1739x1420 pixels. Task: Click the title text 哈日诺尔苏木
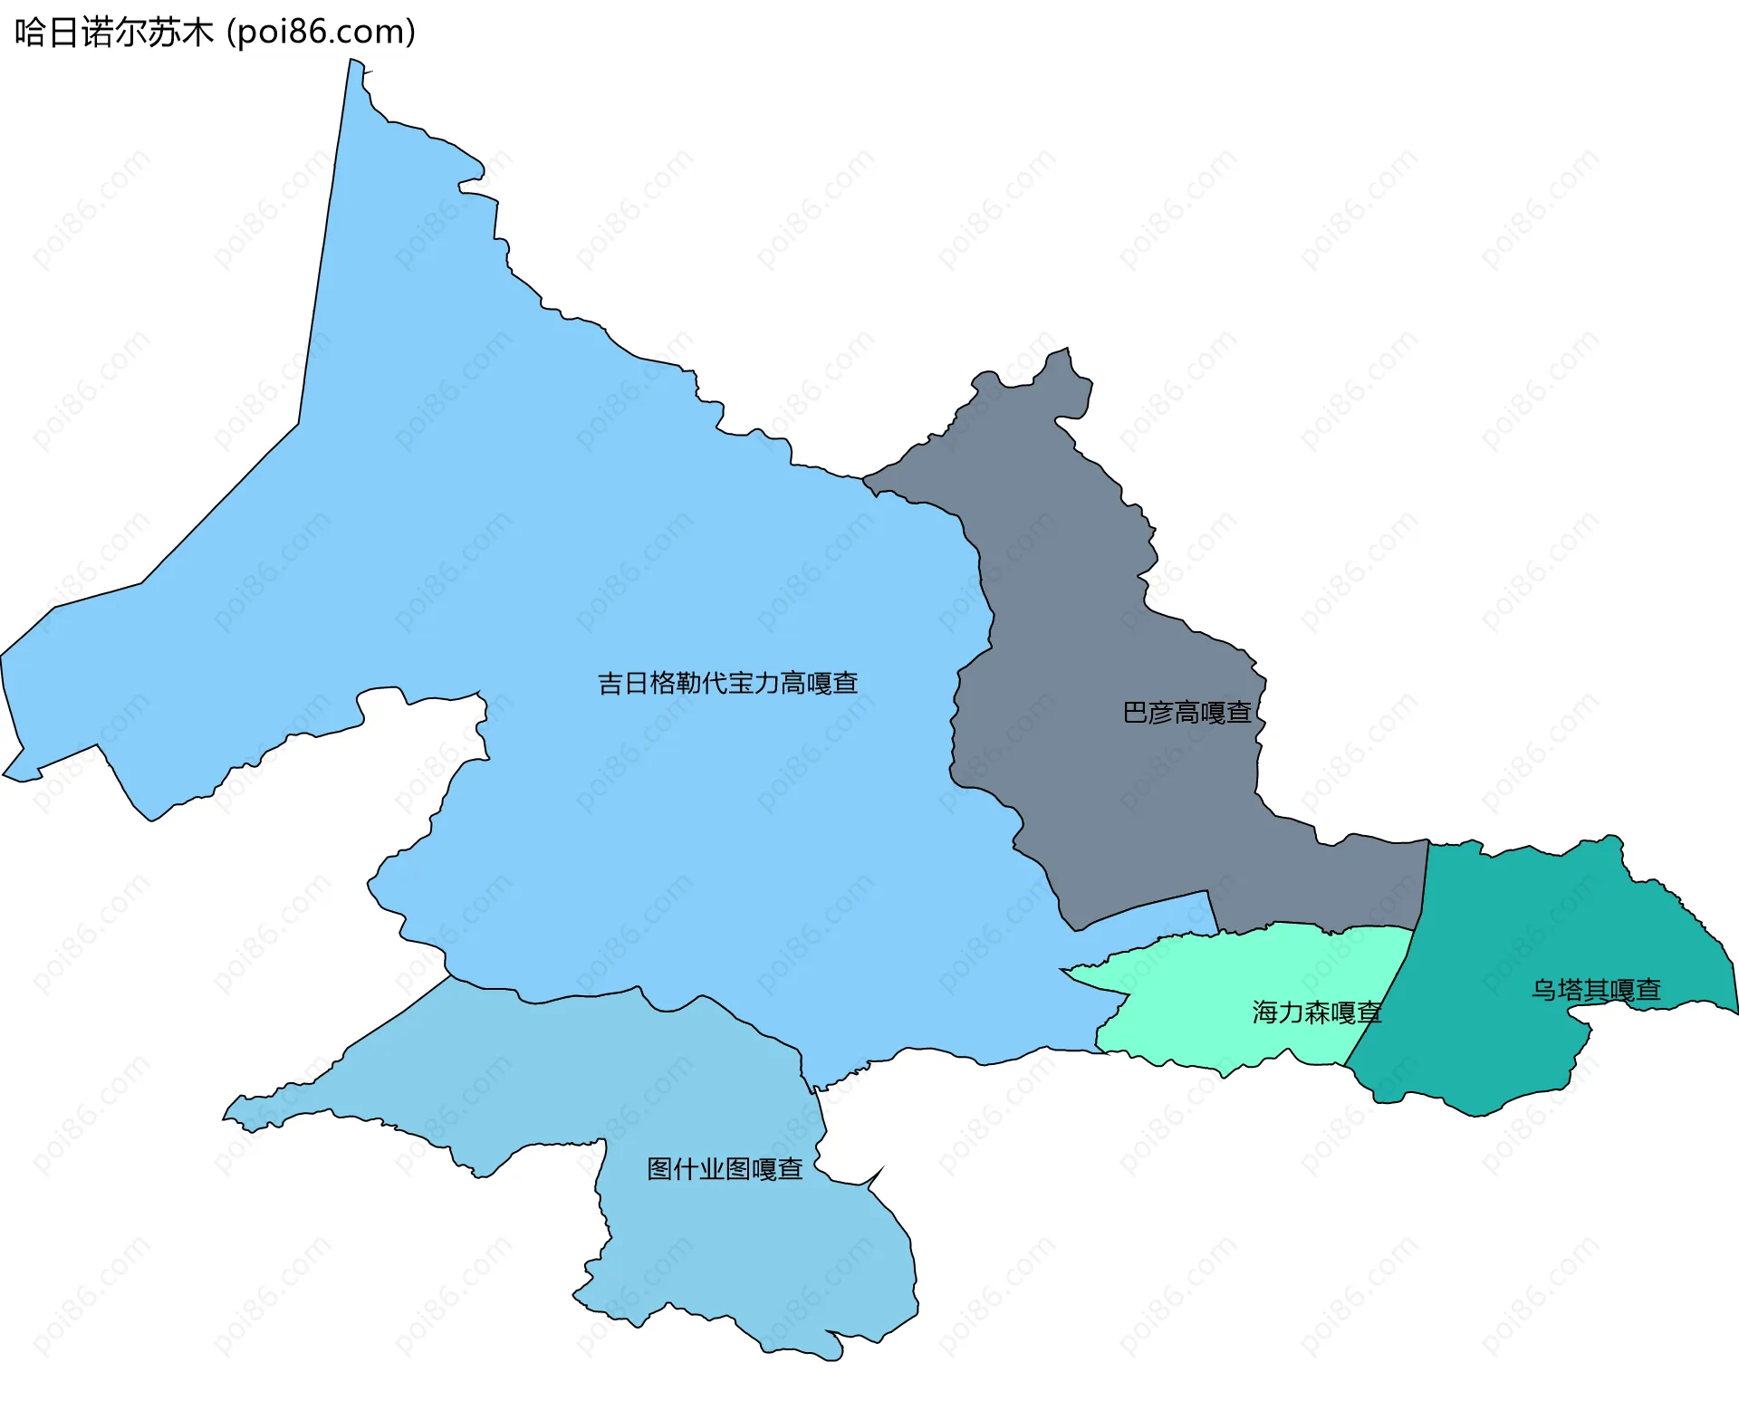(x=113, y=33)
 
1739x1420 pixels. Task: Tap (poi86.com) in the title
(x=321, y=33)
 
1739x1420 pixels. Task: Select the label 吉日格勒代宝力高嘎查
(x=727, y=683)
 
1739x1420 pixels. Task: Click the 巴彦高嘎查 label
(x=1187, y=713)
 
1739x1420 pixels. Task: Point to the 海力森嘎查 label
(x=1316, y=1012)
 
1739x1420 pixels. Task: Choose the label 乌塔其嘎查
(x=1596, y=990)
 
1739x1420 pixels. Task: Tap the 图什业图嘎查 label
(x=725, y=1169)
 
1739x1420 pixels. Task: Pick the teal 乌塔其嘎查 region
(x=1522, y=924)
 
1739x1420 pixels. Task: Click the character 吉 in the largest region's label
(x=610, y=683)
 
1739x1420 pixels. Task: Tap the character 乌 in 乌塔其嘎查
(x=1543, y=990)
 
